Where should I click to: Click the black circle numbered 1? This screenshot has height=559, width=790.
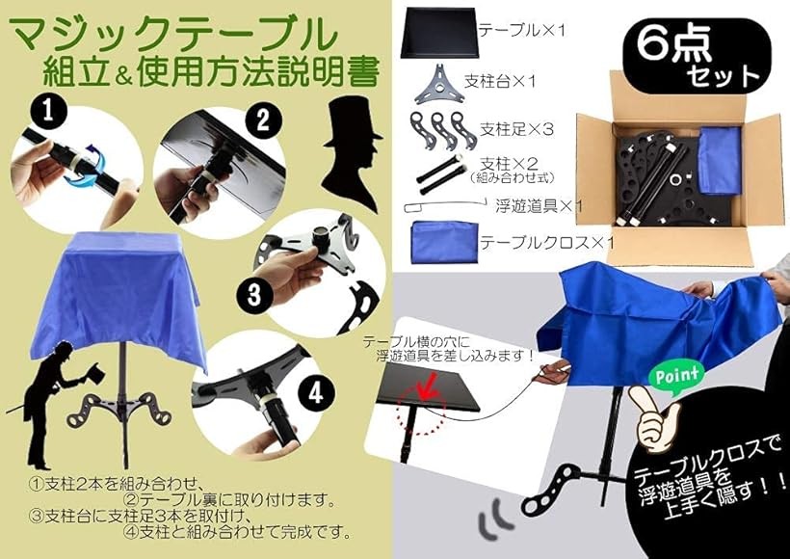point(47,112)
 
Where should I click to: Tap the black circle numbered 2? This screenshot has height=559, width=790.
point(263,121)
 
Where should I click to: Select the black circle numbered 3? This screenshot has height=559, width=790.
point(254,294)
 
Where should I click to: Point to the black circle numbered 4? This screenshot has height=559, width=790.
point(315,392)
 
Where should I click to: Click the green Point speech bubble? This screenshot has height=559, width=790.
point(677,376)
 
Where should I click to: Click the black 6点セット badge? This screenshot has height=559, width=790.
point(697,57)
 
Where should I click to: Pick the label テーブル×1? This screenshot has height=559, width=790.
point(522,30)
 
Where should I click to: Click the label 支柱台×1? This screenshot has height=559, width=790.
point(500,81)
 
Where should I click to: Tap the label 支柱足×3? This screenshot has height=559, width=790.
point(516,129)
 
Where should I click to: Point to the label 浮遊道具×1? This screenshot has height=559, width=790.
point(540,205)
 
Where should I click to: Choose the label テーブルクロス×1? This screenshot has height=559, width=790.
point(546,243)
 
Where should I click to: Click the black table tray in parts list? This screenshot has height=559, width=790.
point(438,32)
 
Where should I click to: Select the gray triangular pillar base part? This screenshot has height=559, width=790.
point(439,84)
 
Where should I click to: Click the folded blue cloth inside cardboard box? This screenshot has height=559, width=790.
point(719,160)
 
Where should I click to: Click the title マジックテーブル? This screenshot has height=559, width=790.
point(172,35)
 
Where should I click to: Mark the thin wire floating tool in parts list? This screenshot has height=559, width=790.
point(444,206)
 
